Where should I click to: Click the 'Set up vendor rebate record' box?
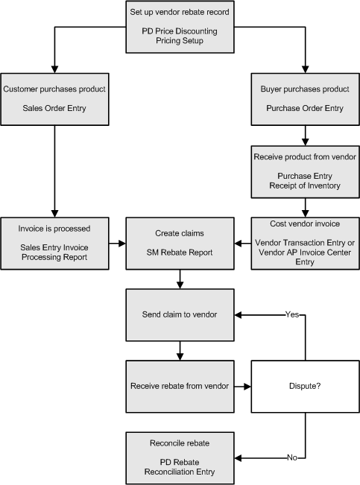tap(180, 27)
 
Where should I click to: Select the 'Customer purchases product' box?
tap(55, 99)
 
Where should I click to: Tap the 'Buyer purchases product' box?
tap(305, 99)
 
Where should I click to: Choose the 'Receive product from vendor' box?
tap(305, 172)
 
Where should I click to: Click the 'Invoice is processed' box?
tap(55, 244)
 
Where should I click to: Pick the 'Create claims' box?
tap(180, 244)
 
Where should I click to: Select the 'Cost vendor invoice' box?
tap(305, 244)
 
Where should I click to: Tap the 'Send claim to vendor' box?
tap(180, 315)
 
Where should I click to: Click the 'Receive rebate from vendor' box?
tap(180, 387)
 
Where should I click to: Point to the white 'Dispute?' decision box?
tap(305, 387)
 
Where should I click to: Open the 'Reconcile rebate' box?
tap(180, 458)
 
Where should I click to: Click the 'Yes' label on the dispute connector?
tap(292, 314)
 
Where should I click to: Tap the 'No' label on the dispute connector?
tap(292, 457)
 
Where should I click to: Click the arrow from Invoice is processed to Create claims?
tap(117, 244)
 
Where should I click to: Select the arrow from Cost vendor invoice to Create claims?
tap(243, 244)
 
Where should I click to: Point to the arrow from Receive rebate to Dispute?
tap(243, 387)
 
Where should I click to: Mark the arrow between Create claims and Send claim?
tap(180, 279)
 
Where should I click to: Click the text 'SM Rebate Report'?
tap(180, 253)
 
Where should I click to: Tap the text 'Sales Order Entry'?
tap(54, 108)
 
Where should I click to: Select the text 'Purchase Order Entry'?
tap(305, 108)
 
